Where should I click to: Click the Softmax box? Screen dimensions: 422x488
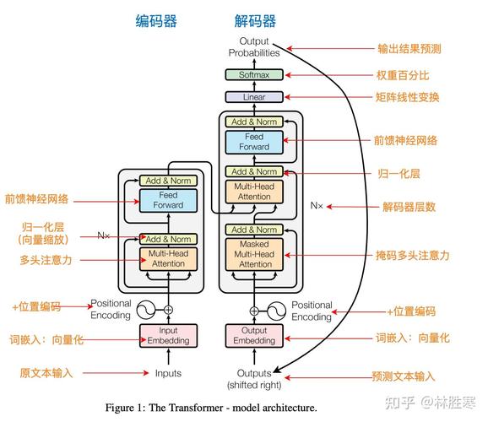click(x=254, y=74)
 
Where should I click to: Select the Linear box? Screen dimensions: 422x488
click(x=254, y=97)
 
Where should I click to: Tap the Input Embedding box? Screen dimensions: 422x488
click(x=167, y=335)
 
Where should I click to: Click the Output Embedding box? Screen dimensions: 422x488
click(x=254, y=335)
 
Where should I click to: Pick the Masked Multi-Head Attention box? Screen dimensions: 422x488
click(x=254, y=254)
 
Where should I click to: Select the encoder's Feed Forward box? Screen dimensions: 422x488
click(x=167, y=199)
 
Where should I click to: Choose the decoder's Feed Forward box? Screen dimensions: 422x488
click(x=254, y=142)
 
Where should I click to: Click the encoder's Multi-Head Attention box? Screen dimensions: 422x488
click(x=167, y=258)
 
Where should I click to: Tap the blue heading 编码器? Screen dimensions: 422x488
click(x=156, y=21)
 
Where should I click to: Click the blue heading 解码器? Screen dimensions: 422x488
click(x=255, y=21)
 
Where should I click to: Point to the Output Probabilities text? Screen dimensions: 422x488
click(x=254, y=46)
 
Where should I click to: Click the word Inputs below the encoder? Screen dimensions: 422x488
click(x=167, y=373)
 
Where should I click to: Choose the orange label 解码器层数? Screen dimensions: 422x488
click(x=408, y=205)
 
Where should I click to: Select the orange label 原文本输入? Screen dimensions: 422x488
click(x=47, y=372)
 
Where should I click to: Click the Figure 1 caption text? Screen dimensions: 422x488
click(x=211, y=408)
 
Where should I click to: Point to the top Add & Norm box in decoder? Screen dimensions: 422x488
click(x=254, y=122)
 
